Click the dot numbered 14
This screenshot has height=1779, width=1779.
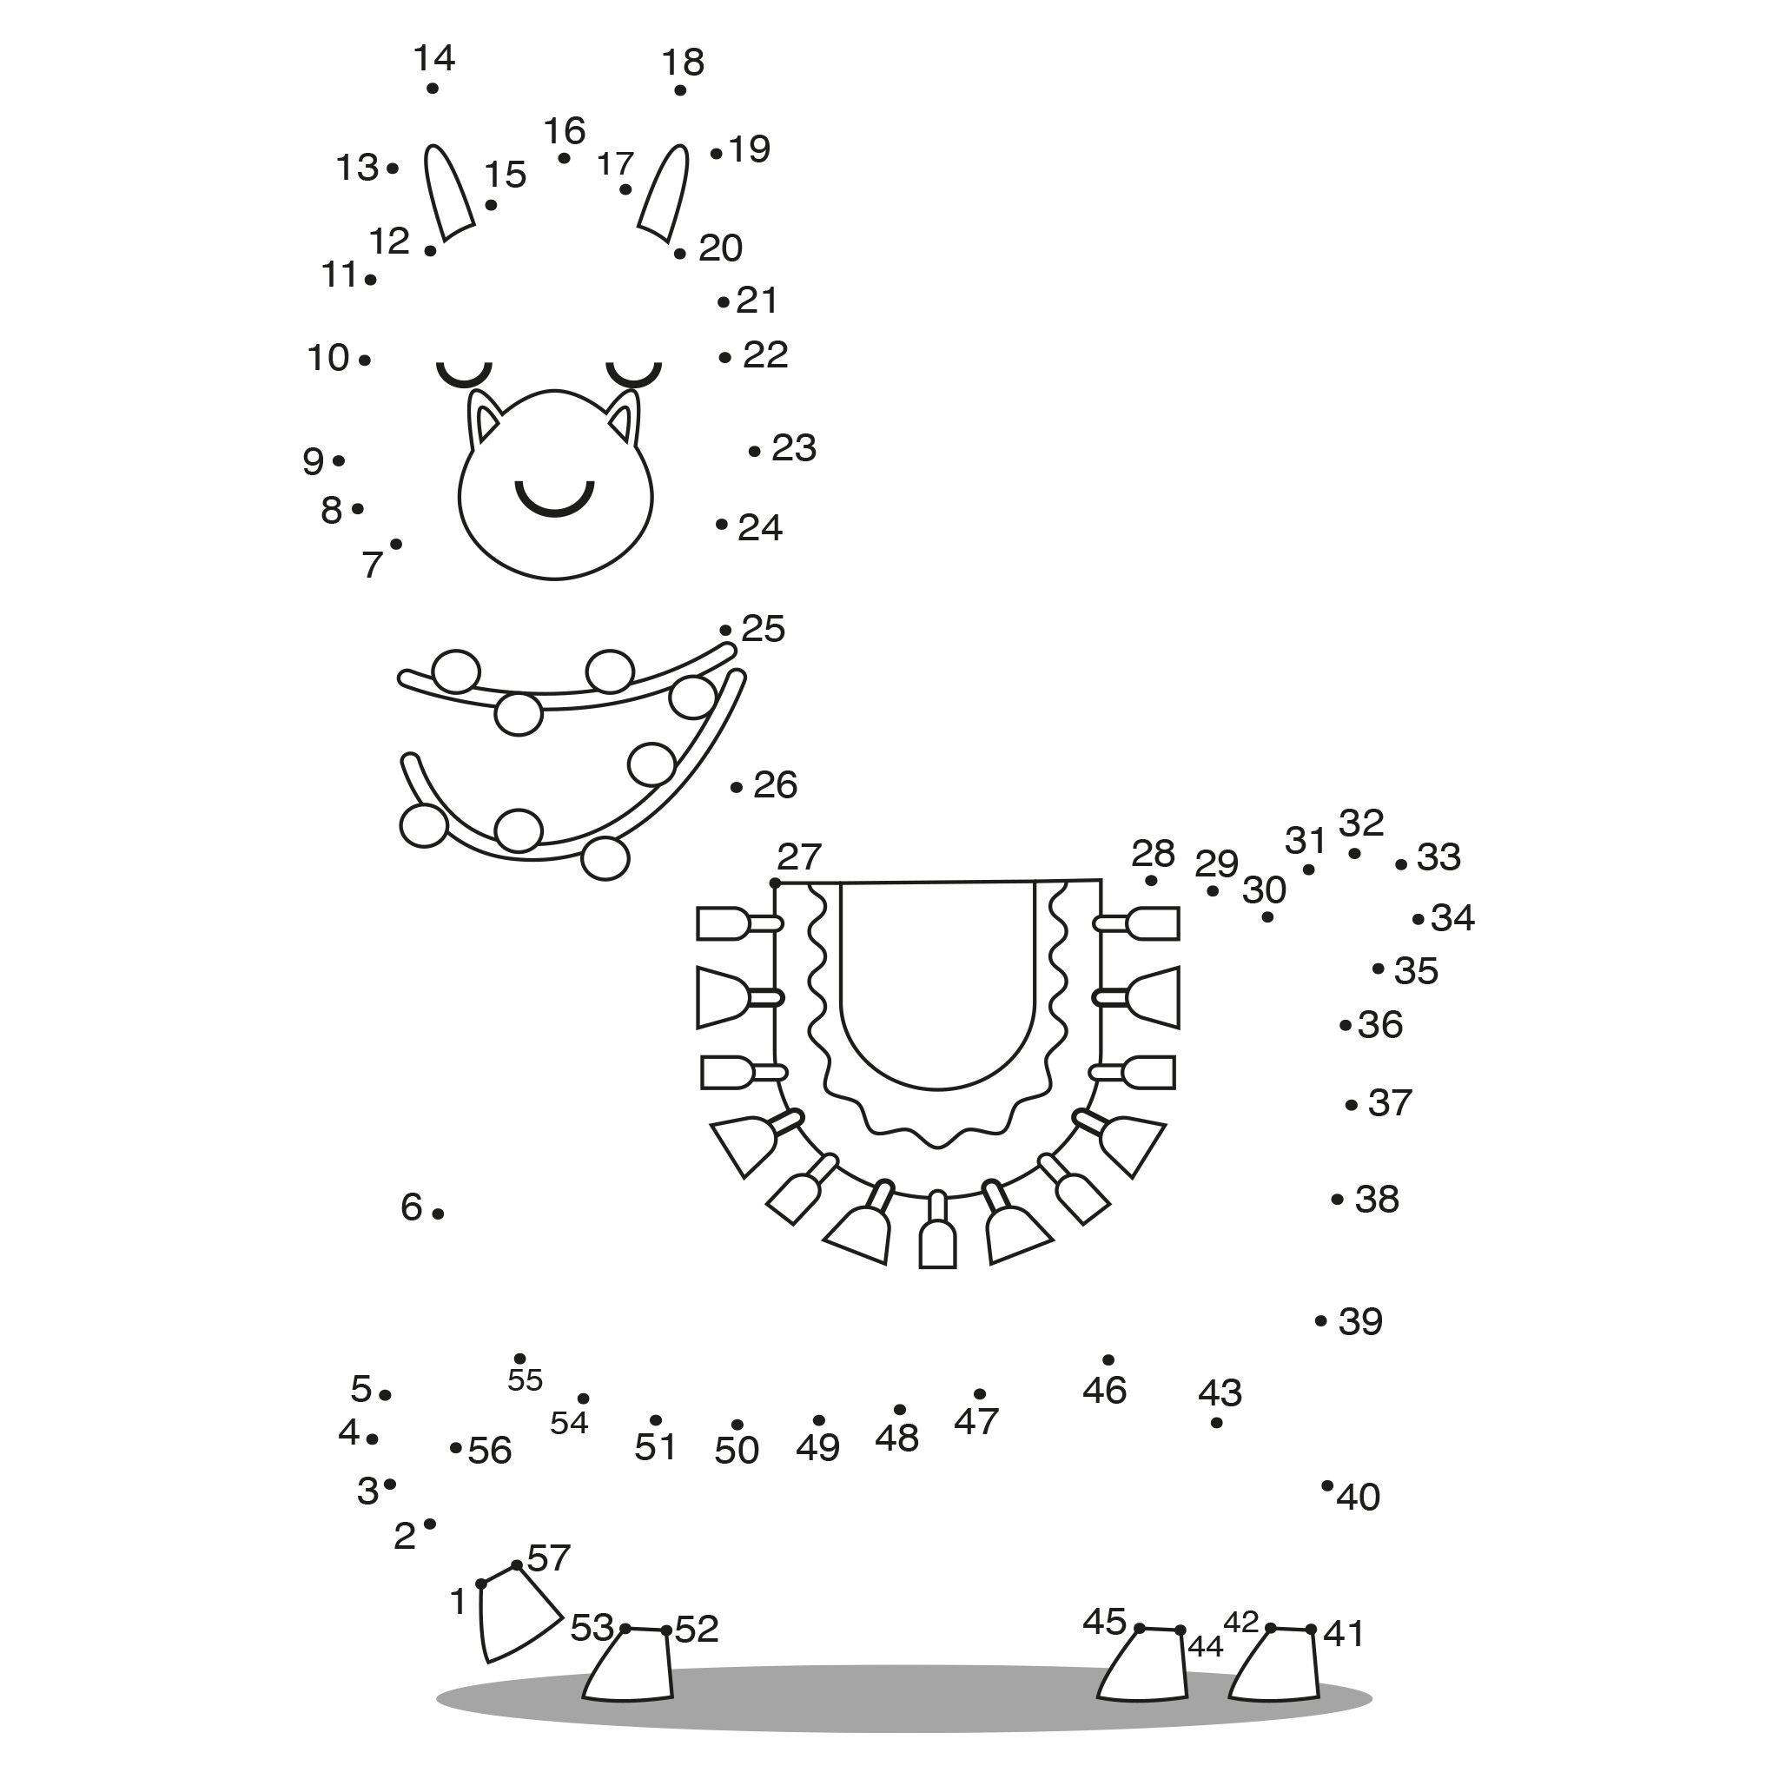(433, 89)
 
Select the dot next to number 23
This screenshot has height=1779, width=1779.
(755, 451)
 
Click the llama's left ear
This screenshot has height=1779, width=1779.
(448, 193)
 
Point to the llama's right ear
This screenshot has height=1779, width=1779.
(664, 193)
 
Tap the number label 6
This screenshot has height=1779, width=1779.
(412, 1207)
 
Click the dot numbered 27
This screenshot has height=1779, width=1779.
(776, 883)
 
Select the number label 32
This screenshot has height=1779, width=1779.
(1361, 823)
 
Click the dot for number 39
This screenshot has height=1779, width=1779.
(1321, 1320)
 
